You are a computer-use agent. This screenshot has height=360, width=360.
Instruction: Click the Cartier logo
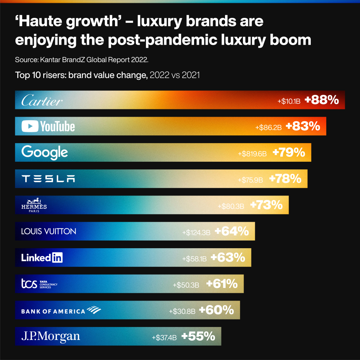42,101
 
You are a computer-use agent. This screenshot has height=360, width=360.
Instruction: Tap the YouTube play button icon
30,126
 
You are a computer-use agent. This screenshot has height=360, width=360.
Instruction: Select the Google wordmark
45,152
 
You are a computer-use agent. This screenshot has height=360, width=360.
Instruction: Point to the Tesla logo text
48,179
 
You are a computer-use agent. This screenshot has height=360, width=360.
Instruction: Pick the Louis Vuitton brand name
49,231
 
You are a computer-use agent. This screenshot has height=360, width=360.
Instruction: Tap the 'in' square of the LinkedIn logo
57,258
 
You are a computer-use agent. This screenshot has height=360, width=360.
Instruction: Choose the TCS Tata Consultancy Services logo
39,284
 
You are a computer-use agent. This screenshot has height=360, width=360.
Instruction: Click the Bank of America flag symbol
94,310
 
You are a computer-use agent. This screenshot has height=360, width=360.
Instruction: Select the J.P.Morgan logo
51,336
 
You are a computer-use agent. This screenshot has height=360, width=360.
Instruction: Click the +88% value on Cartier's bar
322,100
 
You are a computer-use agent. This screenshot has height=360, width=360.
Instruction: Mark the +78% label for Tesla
285,179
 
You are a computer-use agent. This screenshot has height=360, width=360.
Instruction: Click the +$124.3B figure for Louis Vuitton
196,232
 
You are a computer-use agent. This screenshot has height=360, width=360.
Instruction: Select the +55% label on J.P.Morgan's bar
198,336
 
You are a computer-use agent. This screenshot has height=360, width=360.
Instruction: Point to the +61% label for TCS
222,284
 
